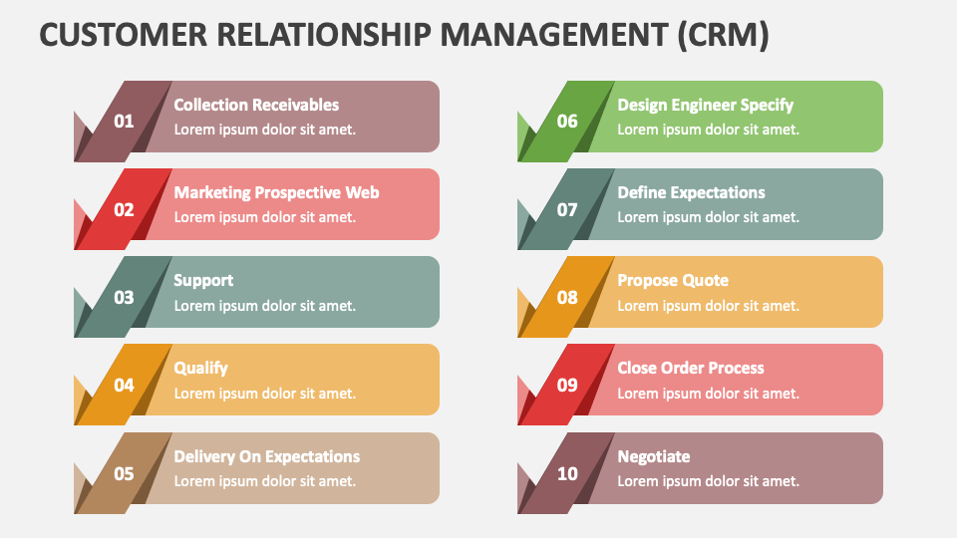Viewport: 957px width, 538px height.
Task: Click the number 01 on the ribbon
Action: [x=124, y=122]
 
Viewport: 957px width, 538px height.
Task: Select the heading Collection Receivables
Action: [x=256, y=105]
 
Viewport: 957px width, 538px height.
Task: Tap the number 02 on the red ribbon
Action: [x=124, y=209]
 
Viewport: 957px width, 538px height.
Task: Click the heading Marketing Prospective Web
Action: [x=276, y=192]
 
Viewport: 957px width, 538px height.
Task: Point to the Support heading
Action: [x=203, y=280]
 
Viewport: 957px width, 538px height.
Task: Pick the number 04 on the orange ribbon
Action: [x=124, y=385]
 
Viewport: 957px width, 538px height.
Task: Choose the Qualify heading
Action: [x=200, y=368]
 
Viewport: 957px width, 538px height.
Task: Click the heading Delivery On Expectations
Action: [x=266, y=456]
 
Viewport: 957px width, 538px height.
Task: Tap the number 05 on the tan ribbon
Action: [x=124, y=473]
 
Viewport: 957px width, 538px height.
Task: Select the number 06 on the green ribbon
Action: [x=567, y=122]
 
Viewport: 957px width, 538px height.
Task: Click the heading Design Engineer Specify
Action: [x=705, y=105]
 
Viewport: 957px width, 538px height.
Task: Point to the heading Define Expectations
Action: [x=691, y=192]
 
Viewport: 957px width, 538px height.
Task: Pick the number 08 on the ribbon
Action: [x=567, y=297]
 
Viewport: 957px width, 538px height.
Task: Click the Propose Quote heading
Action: [x=673, y=280]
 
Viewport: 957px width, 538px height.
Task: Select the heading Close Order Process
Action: [x=690, y=368]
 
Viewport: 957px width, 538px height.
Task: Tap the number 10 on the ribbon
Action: [x=567, y=473]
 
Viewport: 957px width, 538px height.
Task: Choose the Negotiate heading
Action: [x=653, y=456]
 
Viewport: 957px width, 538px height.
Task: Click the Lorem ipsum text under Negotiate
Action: [x=708, y=481]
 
